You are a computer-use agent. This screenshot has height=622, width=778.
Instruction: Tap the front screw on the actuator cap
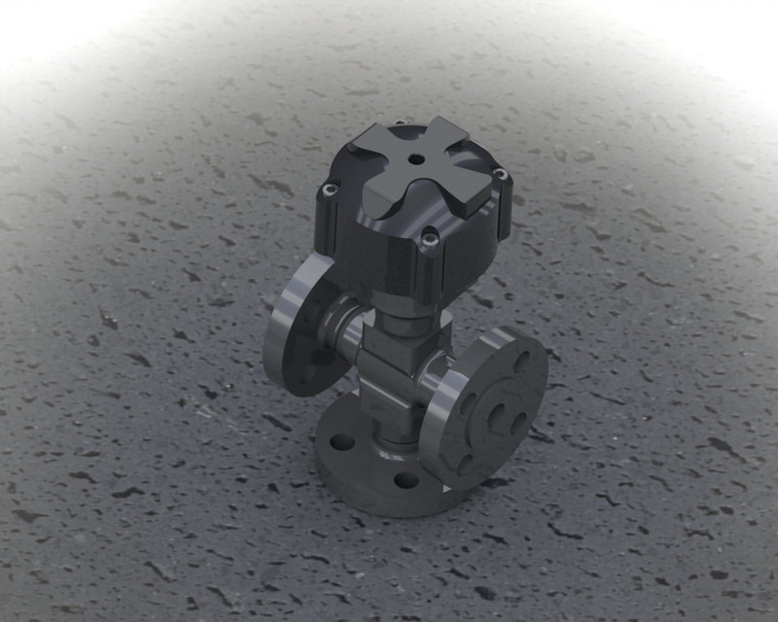pyautogui.click(x=428, y=233)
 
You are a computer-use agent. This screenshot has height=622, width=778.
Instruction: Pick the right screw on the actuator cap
pyautogui.click(x=499, y=175)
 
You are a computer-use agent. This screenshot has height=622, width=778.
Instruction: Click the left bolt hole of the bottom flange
pyautogui.click(x=342, y=442)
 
